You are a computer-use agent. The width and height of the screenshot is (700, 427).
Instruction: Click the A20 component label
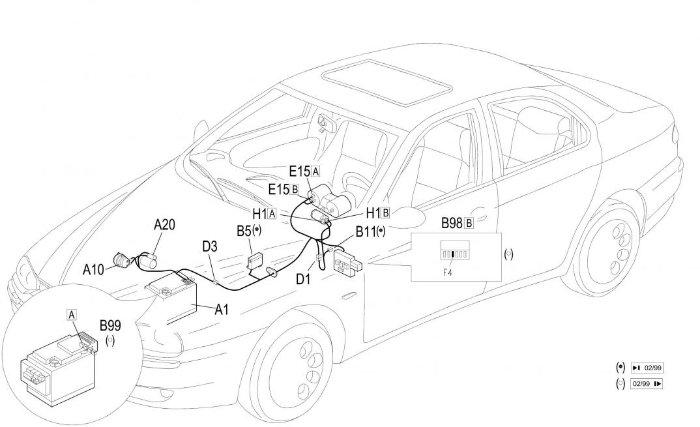point(164,225)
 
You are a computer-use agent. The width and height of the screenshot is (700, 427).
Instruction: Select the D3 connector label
point(210,248)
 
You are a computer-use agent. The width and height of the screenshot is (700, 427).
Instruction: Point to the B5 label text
point(244,231)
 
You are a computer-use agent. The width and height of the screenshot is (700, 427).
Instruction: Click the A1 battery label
point(222,310)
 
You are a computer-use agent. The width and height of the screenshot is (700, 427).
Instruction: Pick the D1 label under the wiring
point(304,279)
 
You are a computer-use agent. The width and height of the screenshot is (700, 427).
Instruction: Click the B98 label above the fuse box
point(452,223)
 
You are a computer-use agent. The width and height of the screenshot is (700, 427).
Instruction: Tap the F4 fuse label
point(448,272)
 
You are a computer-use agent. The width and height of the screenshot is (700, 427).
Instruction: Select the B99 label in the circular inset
point(109,325)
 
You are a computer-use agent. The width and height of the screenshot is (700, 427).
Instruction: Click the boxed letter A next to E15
point(316,171)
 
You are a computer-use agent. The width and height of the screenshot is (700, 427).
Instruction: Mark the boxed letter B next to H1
point(386,213)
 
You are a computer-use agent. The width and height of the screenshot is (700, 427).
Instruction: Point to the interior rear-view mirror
point(323,123)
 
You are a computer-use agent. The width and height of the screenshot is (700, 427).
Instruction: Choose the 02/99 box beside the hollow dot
point(647,383)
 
